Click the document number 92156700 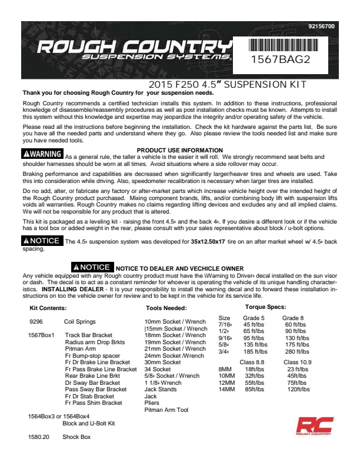[321, 26]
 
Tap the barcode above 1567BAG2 [279, 45]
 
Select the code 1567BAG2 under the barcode [280, 59]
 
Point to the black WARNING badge [42, 154]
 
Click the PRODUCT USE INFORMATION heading [179, 151]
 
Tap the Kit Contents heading [48, 308]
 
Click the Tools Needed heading [166, 308]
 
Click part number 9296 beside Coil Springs [35, 322]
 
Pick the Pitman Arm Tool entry [166, 410]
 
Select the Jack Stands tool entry [161, 390]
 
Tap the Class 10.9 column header [298, 362]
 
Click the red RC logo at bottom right [314, 427]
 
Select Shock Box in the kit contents [76, 437]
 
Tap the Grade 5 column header [255, 318]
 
